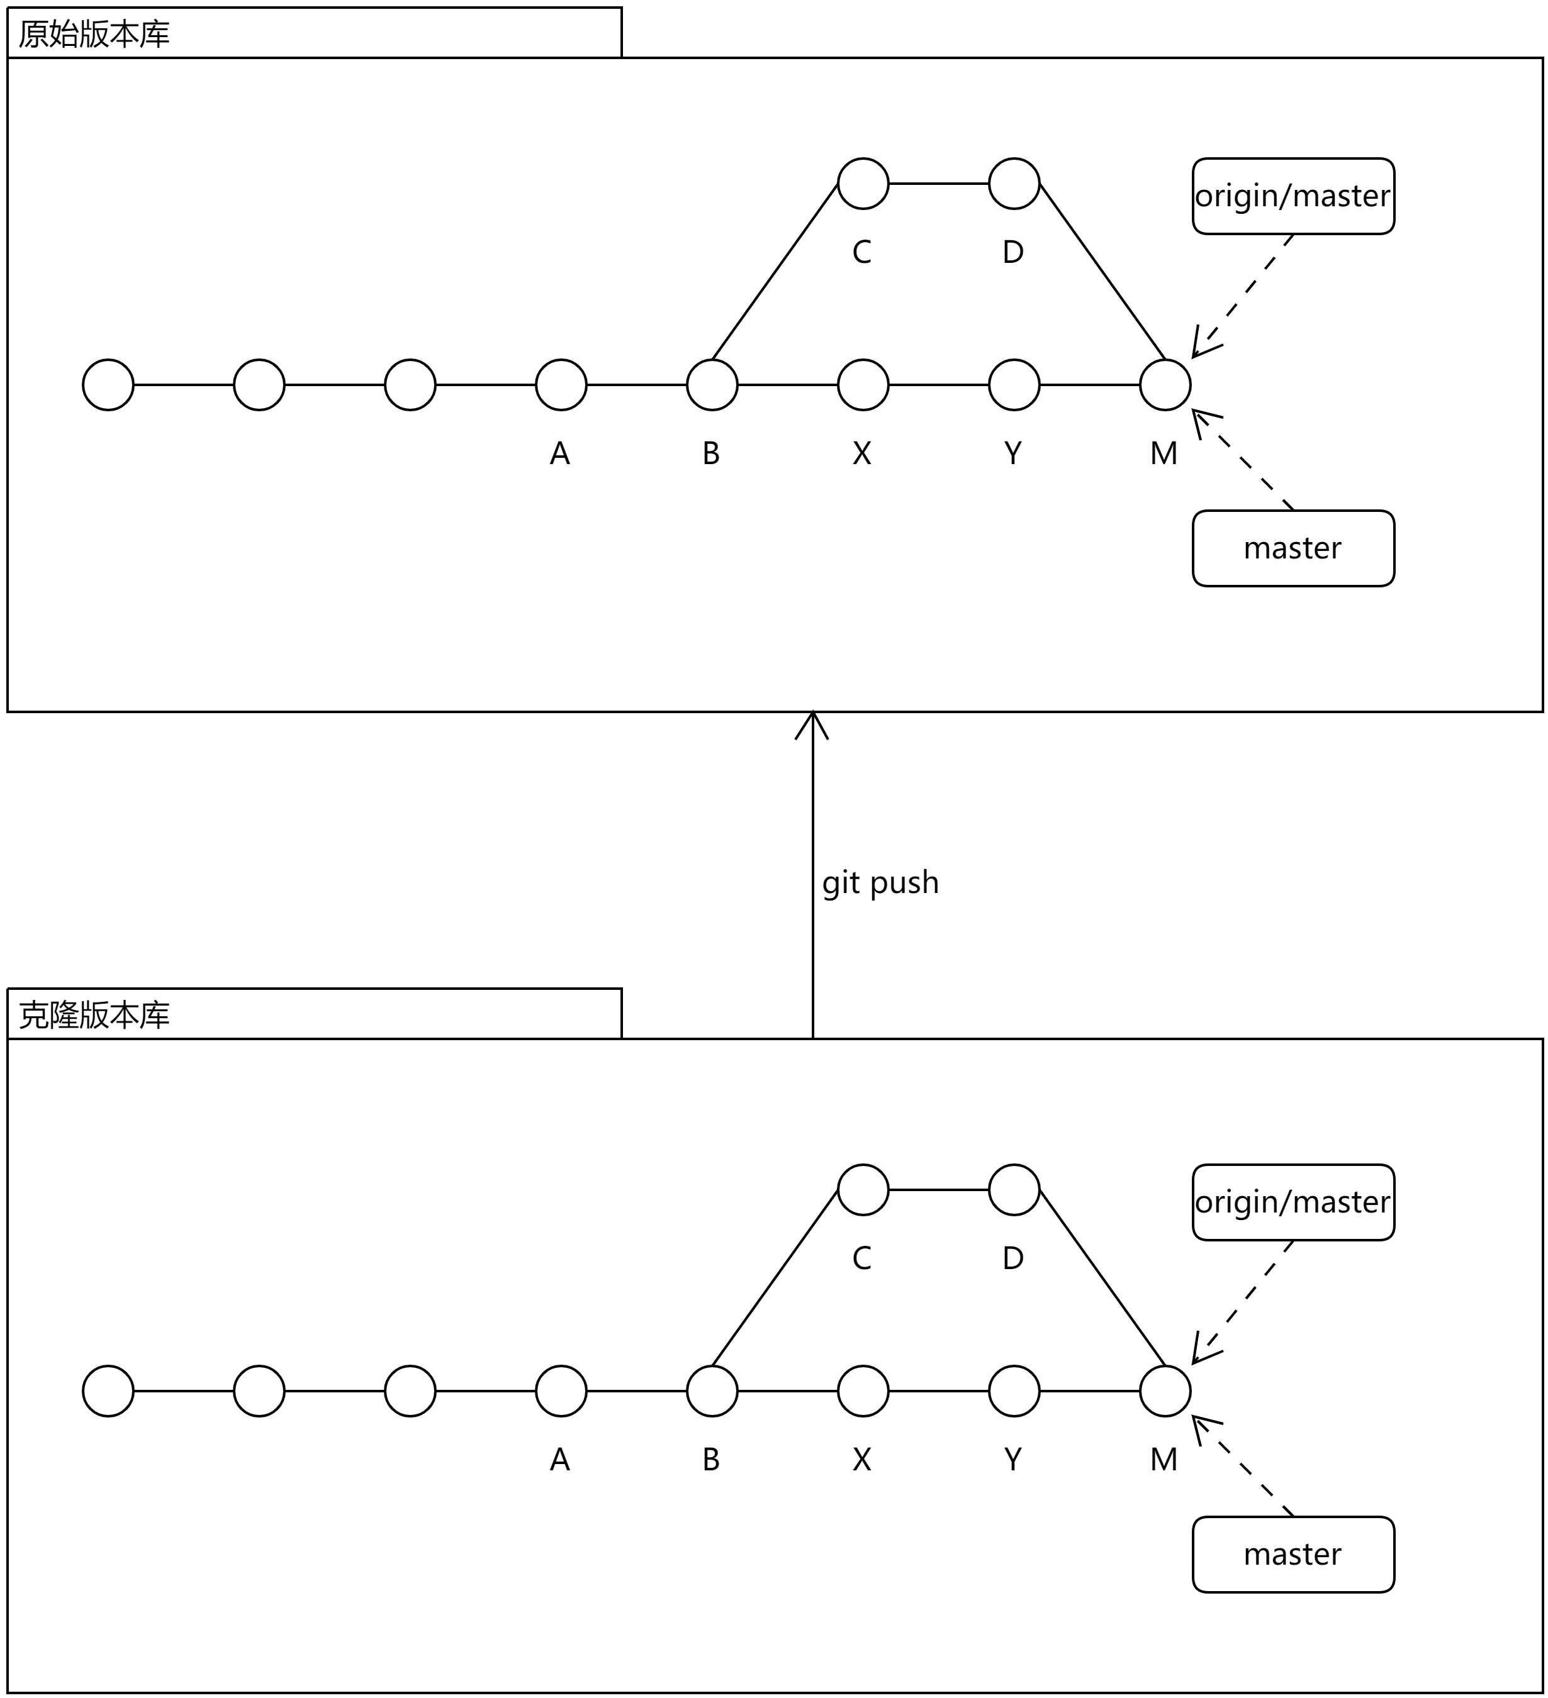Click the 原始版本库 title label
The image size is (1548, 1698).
click(x=94, y=34)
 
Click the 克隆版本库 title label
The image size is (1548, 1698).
click(x=94, y=1015)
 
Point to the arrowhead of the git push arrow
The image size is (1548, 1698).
click(x=812, y=713)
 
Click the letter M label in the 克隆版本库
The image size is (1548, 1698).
click(x=1164, y=1460)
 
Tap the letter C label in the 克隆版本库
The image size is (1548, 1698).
click(x=861, y=1258)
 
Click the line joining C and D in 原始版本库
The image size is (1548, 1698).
click(x=939, y=183)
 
